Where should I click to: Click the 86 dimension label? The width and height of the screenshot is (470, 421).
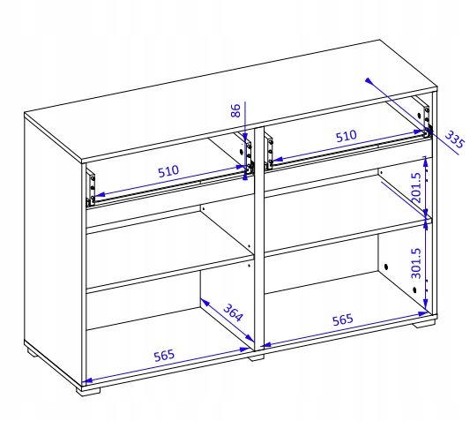(x=236, y=110)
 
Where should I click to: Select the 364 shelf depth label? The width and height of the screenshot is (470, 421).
(x=233, y=312)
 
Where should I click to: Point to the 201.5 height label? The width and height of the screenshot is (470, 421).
(x=416, y=187)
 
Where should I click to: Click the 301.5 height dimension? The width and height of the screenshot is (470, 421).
(x=416, y=263)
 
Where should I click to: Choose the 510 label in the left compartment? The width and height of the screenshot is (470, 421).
(x=168, y=171)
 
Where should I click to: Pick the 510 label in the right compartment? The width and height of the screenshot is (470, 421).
(x=347, y=136)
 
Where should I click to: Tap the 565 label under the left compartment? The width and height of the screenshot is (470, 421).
(x=164, y=356)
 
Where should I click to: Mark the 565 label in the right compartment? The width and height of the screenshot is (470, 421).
(x=343, y=320)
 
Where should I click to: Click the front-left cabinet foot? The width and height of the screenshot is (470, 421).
(x=88, y=391)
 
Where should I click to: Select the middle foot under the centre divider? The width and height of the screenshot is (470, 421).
(x=257, y=357)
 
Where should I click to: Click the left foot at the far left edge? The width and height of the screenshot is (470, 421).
(x=32, y=351)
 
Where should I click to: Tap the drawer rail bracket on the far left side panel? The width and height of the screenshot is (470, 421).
(x=91, y=187)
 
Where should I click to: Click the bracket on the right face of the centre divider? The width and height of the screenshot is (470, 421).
(x=269, y=152)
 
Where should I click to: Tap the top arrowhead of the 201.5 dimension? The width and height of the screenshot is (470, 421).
(x=424, y=160)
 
